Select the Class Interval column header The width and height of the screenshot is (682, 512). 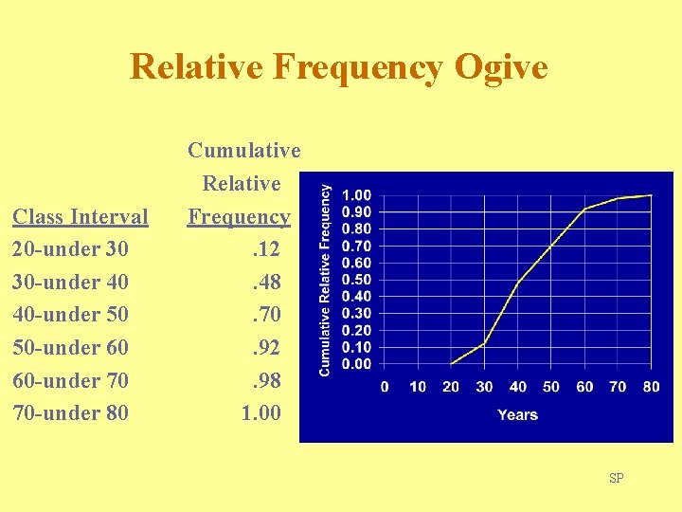tap(81, 216)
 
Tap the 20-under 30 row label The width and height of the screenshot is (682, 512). tap(71, 249)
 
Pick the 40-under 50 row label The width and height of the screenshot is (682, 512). tap(71, 315)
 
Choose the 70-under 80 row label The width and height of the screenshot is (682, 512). tap(71, 413)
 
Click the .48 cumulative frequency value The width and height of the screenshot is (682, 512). tap(265, 283)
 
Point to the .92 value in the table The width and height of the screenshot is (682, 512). tap(265, 348)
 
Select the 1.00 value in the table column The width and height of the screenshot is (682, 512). tap(261, 413)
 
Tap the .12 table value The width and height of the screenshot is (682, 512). tap(265, 249)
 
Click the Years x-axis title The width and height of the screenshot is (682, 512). tap(517, 414)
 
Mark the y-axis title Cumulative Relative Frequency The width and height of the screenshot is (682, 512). tap(325, 280)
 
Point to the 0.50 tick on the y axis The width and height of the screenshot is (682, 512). tap(356, 280)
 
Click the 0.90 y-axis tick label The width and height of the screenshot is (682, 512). tap(356, 211)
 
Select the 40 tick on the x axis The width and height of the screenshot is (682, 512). tap(517, 387)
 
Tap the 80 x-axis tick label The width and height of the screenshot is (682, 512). tap(651, 387)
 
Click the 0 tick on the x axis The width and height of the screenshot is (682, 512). tap(385, 387)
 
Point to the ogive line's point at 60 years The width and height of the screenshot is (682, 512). tap(584, 209)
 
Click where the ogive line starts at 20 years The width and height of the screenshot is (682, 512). tap(451, 364)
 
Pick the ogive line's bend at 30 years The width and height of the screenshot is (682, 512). tap(484, 343)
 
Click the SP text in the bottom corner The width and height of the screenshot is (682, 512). tap(617, 478)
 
